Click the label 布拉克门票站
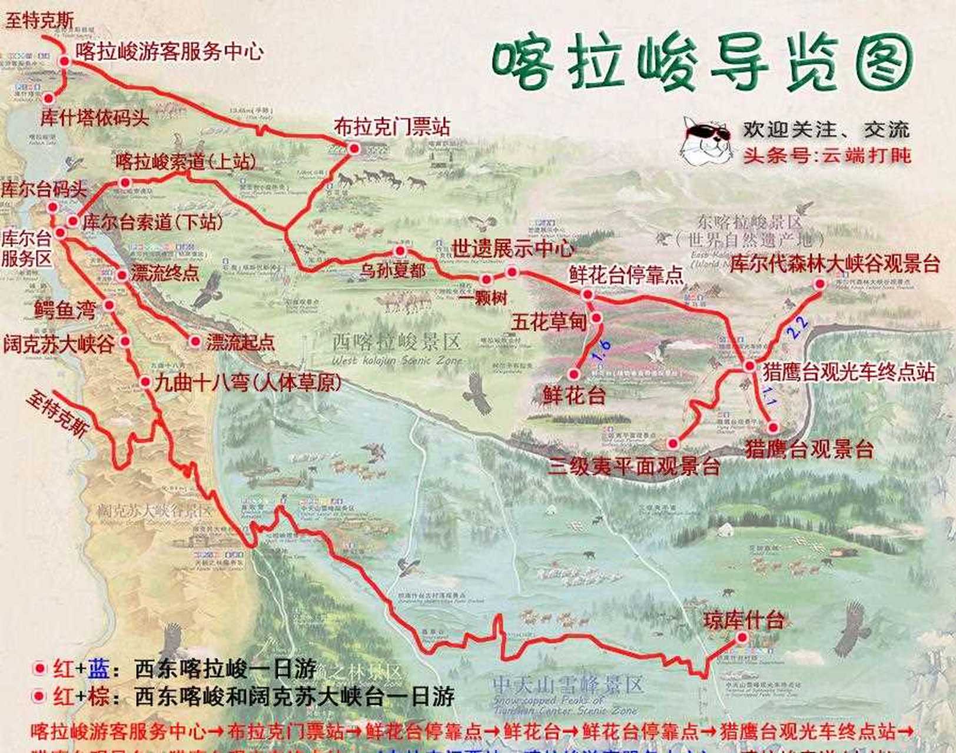[x=392, y=126]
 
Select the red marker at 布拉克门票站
[x=354, y=149]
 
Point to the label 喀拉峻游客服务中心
[x=170, y=51]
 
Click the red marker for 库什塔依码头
[x=48, y=98]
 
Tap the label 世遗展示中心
[x=513, y=248]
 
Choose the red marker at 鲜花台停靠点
[x=587, y=294]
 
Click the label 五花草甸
[x=549, y=322]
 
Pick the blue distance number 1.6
[x=601, y=351]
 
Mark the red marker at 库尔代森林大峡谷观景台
[x=819, y=284]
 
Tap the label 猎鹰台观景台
[x=809, y=449]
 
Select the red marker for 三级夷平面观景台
[x=673, y=443]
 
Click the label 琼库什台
[x=744, y=620]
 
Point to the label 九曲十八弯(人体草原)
[x=248, y=383]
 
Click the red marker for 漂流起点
[x=195, y=341]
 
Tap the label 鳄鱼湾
[x=65, y=309]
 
